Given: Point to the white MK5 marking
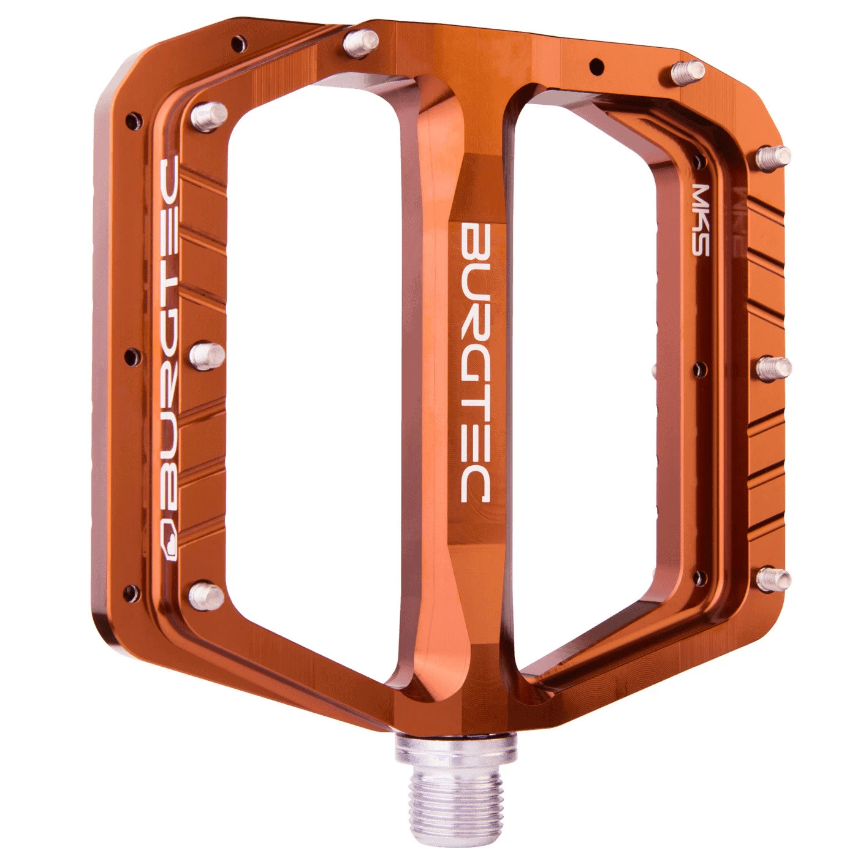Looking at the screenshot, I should (x=700, y=219).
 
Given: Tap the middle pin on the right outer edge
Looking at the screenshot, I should (x=773, y=368).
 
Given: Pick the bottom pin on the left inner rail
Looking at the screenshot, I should (x=206, y=593).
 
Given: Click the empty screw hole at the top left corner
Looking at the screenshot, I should (x=237, y=42).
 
